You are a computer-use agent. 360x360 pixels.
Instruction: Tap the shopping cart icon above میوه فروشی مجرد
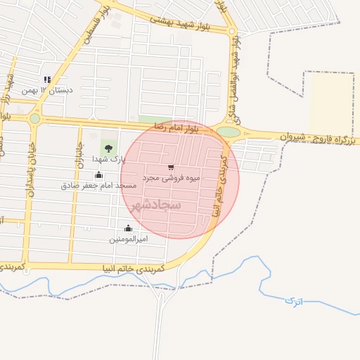point(171,167)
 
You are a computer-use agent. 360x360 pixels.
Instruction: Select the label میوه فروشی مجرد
point(171,178)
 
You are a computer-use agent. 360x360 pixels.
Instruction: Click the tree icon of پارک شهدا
point(108,148)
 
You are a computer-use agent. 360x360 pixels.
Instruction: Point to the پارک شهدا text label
point(108,159)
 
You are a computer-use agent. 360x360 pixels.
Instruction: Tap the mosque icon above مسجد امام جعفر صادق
point(98,175)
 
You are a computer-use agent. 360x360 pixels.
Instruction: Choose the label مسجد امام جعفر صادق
point(98,186)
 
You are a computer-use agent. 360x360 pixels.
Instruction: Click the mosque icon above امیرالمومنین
point(128,228)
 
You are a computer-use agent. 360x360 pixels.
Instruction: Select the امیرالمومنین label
point(128,239)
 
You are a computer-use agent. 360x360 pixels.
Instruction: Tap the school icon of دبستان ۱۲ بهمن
point(47,80)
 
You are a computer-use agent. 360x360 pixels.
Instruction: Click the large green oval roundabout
point(228,132)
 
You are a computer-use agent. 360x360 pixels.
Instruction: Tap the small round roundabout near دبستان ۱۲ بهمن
point(35,118)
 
